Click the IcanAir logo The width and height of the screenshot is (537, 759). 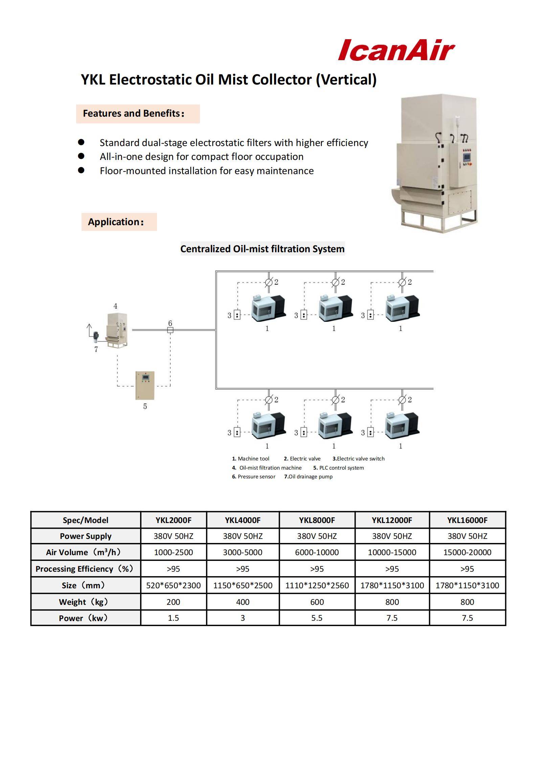coord(396,50)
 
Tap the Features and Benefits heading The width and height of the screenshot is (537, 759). coord(134,114)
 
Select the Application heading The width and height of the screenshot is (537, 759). coord(116,222)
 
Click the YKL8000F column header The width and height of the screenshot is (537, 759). coord(317,520)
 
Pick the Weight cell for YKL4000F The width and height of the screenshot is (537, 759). coord(243,602)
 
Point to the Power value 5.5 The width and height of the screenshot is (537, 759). coord(317,618)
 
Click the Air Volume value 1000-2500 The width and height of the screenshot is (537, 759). coord(173,552)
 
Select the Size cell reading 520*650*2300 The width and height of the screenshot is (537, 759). coord(173,586)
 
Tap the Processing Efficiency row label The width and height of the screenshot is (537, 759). coord(85,569)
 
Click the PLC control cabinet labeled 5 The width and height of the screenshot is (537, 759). coord(145,385)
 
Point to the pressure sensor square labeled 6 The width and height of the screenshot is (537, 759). coord(170,330)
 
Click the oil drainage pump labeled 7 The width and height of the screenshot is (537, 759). coord(96,335)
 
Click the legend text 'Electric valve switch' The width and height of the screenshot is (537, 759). coord(360,459)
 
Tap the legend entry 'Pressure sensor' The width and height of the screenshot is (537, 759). coord(256,477)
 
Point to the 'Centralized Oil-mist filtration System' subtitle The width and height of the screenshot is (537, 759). coord(262,249)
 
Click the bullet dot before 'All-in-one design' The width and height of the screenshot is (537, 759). coord(81,156)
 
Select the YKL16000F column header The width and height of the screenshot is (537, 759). coord(467,520)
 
